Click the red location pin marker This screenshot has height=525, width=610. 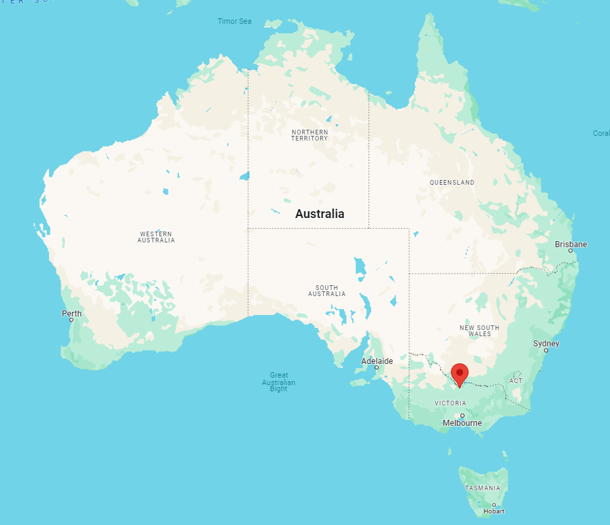point(460,374)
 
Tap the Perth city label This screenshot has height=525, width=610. point(71,313)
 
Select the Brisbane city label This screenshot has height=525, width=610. point(571,244)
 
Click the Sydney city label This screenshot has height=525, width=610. point(545,343)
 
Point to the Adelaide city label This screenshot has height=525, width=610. point(377,361)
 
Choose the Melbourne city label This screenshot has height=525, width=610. point(462,422)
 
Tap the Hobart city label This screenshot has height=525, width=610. point(494,511)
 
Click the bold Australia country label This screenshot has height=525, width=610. point(320,213)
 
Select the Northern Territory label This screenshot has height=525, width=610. point(309,135)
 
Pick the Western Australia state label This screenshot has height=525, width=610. point(156,237)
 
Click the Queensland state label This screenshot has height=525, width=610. point(452,183)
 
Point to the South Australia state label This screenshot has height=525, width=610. point(326,291)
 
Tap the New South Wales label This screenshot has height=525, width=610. point(479,331)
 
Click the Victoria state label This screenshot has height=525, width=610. point(450,403)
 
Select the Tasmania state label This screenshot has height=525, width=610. point(483,488)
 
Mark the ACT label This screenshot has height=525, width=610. point(516,380)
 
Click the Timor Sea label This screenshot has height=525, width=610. point(235,21)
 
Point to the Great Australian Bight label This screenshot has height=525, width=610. point(279,382)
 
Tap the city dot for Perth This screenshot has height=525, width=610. point(71,320)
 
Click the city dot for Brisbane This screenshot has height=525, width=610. point(571,251)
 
